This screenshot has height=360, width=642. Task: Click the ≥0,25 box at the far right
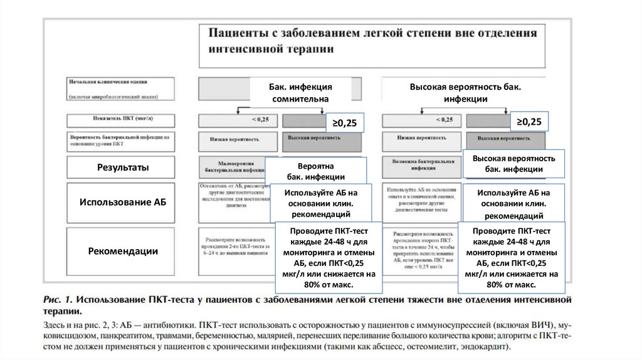pos(529,122)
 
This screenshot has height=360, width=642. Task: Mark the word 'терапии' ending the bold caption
pos(61,311)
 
